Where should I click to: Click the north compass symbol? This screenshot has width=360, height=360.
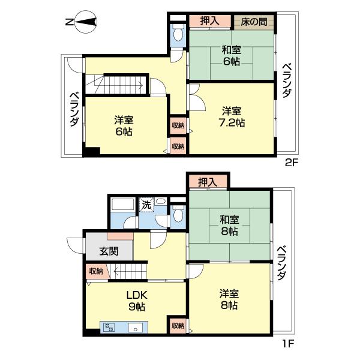coord(82,23)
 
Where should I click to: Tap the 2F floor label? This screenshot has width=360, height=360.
coord(292,161)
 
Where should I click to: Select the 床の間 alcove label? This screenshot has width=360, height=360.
coord(254,21)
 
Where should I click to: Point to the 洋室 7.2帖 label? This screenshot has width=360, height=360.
coord(232,116)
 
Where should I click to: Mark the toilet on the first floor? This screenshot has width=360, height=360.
coord(177,213)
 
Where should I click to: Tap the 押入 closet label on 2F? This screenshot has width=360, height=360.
coord(209,21)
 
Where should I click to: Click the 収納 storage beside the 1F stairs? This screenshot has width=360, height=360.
coord(96,271)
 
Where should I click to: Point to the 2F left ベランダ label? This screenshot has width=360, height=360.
coord(74,108)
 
